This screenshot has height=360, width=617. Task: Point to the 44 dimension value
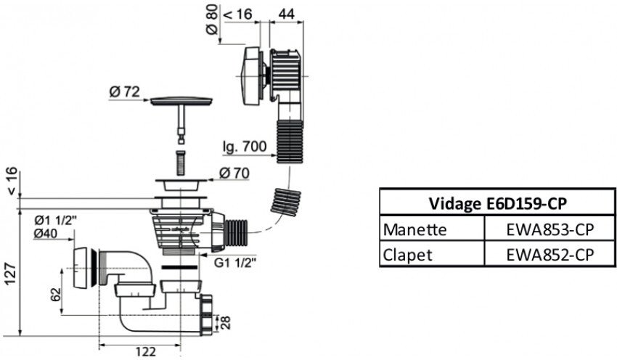pyautogui.click(x=287, y=12)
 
